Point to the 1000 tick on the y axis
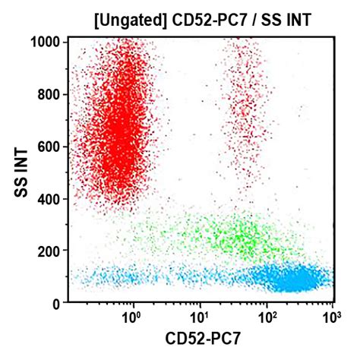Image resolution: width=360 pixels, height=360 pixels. point(48,42)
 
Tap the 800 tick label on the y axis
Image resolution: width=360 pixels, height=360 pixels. point(51,94)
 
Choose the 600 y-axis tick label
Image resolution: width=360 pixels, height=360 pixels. point(51,147)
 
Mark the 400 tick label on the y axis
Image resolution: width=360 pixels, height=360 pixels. point(51,199)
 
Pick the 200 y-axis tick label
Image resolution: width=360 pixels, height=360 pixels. point(51,251)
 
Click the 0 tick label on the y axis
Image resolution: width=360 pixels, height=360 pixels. point(57,303)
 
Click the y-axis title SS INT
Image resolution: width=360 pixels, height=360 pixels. point(24,173)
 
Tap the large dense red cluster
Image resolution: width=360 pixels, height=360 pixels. point(122,129)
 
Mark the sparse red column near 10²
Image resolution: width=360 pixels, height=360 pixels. point(245,114)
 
